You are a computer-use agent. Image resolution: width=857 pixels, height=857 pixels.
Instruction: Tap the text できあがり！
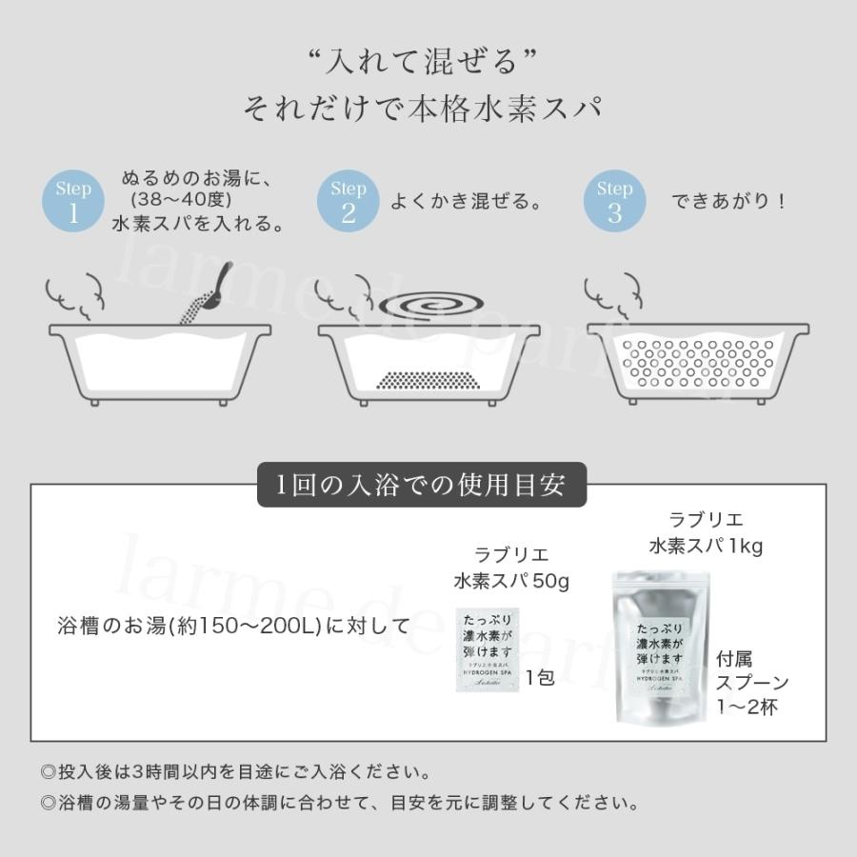(728, 202)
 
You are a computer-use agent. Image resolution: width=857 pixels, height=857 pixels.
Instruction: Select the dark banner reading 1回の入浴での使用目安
(422, 485)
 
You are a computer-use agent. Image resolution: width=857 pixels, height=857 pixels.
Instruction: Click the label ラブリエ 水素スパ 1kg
(706, 533)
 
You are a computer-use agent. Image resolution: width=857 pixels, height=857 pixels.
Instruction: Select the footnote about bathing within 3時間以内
(235, 769)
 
